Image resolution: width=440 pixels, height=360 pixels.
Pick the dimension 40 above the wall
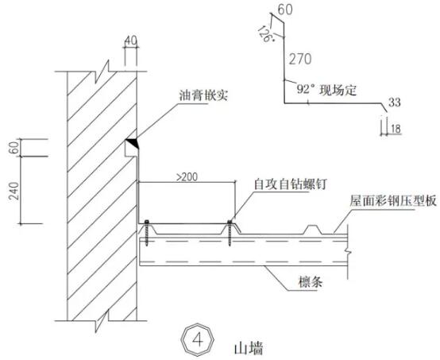[131, 41]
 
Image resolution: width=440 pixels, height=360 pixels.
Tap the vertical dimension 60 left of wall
[14, 148]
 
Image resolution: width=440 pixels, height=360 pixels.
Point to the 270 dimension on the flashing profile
[300, 59]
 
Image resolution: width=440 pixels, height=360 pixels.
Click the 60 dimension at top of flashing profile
[286, 10]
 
